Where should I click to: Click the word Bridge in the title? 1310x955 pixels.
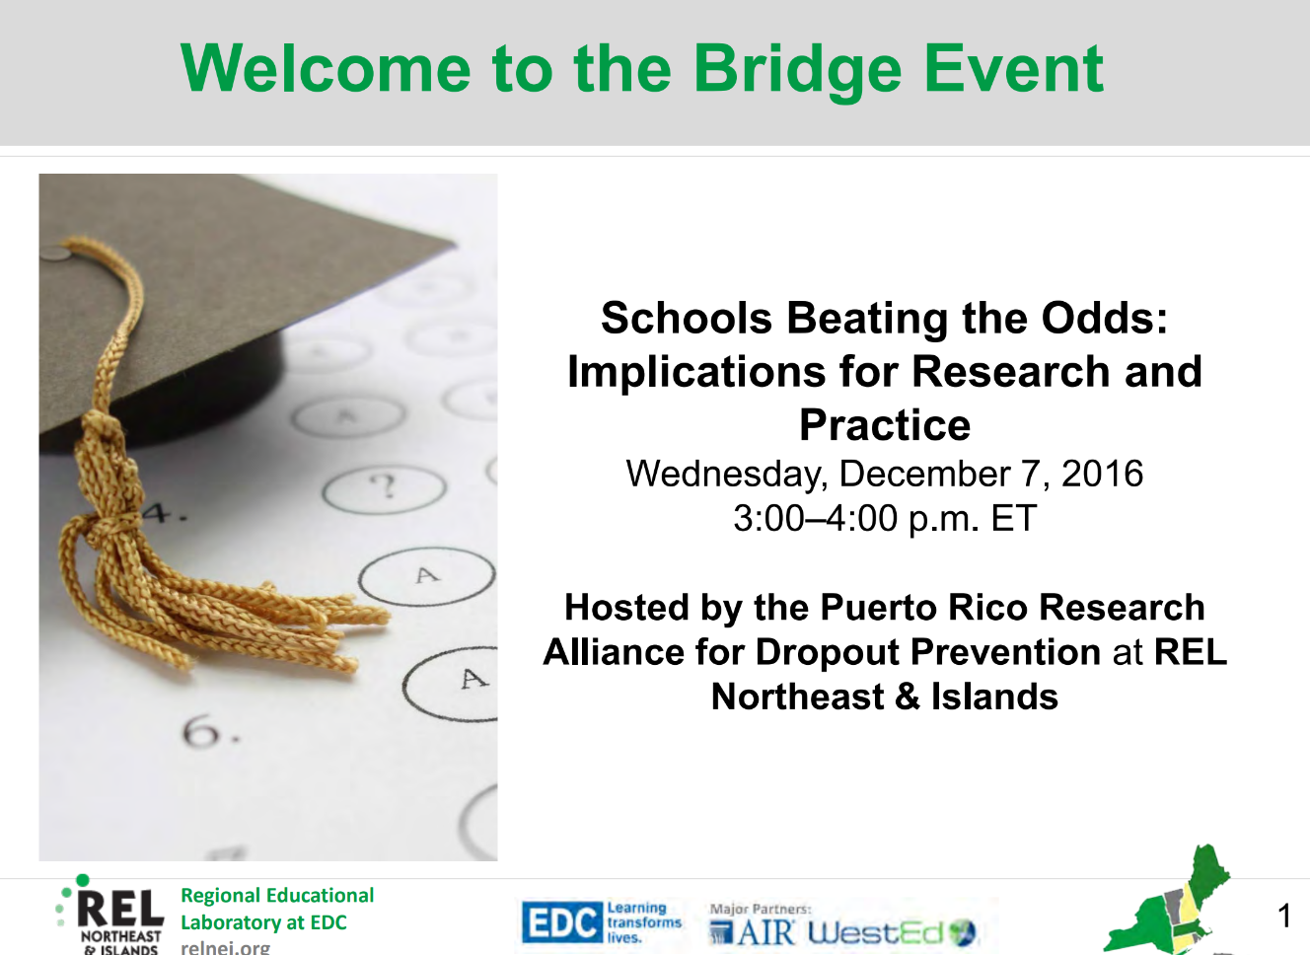[798, 71]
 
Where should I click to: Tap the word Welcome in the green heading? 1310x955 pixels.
[326, 68]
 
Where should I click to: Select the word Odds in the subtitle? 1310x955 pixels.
[1104, 318]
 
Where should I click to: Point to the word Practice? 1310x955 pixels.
[885, 425]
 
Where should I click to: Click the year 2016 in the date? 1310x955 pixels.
[1102, 474]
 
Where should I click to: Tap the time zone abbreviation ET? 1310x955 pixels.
[1013, 518]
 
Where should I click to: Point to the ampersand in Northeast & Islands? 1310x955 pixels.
[908, 698]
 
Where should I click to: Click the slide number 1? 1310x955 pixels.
[1284, 916]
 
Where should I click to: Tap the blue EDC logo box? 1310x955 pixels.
[561, 922]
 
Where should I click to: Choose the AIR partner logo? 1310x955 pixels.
[752, 931]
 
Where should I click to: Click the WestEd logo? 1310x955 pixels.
[892, 932]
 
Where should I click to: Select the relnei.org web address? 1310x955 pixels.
[226, 947]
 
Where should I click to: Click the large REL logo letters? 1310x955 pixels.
[120, 910]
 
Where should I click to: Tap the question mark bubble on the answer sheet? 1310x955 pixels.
[385, 487]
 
